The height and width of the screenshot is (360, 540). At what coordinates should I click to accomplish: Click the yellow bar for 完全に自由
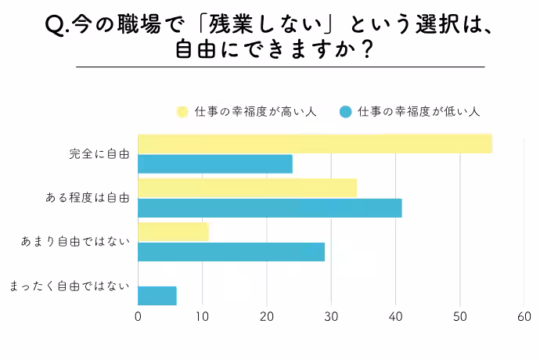tap(315, 144)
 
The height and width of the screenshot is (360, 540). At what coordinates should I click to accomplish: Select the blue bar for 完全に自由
tap(215, 164)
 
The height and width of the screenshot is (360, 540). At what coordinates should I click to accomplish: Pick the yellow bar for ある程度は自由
tap(247, 188)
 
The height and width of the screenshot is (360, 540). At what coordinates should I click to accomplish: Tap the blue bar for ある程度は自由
tap(270, 207)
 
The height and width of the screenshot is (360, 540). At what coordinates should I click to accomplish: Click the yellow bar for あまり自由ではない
tap(174, 232)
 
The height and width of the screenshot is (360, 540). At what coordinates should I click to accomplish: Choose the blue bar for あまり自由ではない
tap(231, 251)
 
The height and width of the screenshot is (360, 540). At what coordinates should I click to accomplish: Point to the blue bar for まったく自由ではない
tap(157, 296)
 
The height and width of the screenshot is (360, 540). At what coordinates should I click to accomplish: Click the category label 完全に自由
tap(99, 154)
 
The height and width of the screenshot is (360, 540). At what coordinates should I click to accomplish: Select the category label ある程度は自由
tap(88, 198)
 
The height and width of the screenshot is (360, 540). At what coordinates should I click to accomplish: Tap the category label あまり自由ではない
tap(76, 242)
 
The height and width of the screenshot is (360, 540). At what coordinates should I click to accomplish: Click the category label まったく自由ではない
tap(70, 286)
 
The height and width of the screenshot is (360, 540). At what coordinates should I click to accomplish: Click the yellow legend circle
tap(182, 112)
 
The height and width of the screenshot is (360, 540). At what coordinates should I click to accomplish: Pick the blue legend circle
tap(345, 112)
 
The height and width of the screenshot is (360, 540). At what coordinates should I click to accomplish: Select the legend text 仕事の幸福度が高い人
tap(255, 112)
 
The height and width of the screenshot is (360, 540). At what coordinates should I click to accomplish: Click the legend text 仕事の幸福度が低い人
tap(419, 112)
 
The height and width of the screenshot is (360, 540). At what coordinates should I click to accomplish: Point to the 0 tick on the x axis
tap(139, 317)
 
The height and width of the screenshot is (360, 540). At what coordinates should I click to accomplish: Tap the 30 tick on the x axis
tap(331, 317)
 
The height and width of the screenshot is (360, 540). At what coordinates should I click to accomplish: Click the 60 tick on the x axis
tap(524, 317)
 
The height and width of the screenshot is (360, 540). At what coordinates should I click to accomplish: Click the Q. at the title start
tap(59, 26)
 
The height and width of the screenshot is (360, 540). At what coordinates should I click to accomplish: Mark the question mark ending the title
tap(362, 49)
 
